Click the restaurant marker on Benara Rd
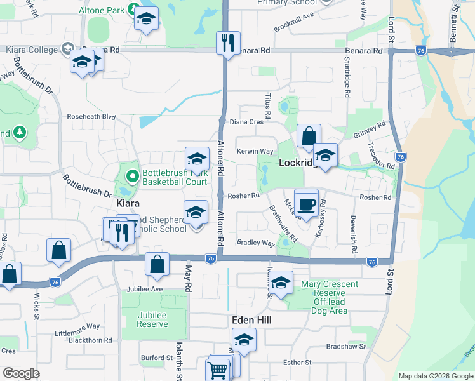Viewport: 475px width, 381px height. coord(227,43)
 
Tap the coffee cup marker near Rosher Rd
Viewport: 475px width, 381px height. coord(306,204)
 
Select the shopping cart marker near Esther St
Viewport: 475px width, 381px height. coord(217,369)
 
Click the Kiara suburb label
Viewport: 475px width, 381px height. coord(128,204)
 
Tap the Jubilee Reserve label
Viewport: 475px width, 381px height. coord(152,319)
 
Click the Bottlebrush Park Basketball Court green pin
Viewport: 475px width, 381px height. coord(132,175)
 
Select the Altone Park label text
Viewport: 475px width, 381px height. coord(101,11)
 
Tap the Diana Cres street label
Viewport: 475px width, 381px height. coord(246,122)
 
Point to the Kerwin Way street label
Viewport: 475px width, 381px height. coord(255,152)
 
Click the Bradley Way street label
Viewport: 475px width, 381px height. coord(255,243)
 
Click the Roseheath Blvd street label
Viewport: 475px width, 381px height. coord(92,117)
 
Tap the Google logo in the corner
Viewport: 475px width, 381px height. coord(22,373)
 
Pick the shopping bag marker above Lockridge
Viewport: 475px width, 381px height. coord(309,137)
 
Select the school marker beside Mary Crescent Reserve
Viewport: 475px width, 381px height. coord(281,283)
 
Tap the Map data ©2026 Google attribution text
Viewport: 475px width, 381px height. coord(435,376)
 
